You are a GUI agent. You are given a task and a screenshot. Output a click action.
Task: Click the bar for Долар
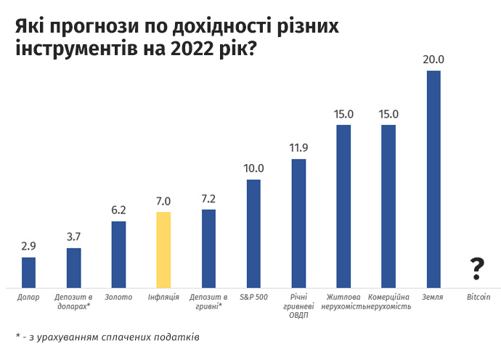tap(28, 272)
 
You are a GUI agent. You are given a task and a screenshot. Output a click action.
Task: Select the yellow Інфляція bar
tap(163, 250)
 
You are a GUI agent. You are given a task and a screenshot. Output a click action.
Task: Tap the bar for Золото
tap(118, 254)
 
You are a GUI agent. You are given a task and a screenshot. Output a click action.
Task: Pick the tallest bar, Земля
tap(433, 179)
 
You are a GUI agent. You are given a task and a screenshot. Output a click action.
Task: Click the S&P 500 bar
tap(253, 233)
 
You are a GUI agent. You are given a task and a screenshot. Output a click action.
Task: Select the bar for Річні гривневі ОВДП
tap(298, 223)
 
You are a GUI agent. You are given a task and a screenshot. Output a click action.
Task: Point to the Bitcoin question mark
tap(477, 269)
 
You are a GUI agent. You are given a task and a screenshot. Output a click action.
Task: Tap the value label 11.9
tap(298, 148)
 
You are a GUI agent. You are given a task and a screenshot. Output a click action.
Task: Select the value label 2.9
tap(28, 246)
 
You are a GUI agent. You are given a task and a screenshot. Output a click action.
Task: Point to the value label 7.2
tap(208, 198)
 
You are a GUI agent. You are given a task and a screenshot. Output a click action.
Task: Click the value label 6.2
tap(118, 210)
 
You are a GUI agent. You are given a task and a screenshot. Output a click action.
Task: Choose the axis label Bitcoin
tap(478, 298)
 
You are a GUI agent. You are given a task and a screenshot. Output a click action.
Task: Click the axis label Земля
tap(433, 298)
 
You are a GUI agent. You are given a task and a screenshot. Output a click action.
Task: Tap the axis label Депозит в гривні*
tap(208, 302)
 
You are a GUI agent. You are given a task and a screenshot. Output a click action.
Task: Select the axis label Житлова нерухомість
tap(343, 302)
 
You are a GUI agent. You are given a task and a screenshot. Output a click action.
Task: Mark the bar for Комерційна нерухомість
tap(388, 206)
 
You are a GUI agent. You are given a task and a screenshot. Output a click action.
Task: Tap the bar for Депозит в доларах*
tap(73, 268)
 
